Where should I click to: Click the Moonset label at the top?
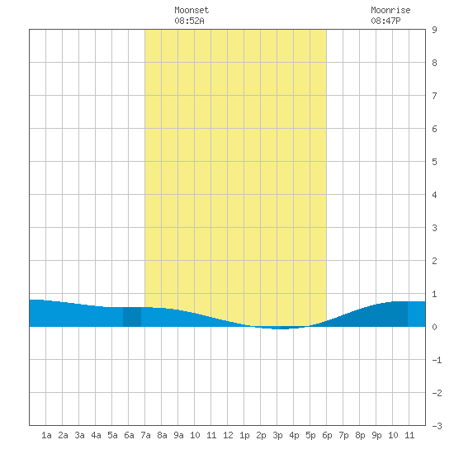(x=192, y=10)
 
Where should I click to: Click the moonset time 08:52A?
(x=189, y=21)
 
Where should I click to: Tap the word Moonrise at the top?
(x=390, y=10)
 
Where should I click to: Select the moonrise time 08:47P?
(x=385, y=21)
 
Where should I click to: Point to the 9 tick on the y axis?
(x=434, y=30)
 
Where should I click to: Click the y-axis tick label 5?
(x=434, y=162)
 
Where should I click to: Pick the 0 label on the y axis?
(x=434, y=327)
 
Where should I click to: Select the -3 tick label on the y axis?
(x=437, y=426)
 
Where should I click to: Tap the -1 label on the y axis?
(x=437, y=360)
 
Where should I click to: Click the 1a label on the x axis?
(x=46, y=435)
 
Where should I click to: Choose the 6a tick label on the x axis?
(x=129, y=435)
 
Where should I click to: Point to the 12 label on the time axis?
(x=228, y=435)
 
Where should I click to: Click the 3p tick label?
(x=277, y=435)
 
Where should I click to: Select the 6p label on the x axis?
(x=327, y=435)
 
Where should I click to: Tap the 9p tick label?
(x=376, y=435)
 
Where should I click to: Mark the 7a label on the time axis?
(x=145, y=435)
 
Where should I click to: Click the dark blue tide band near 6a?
(x=132, y=317)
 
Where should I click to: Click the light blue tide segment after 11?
(x=417, y=314)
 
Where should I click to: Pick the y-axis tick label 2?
(x=434, y=261)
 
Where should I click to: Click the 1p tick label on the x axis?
(x=244, y=435)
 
